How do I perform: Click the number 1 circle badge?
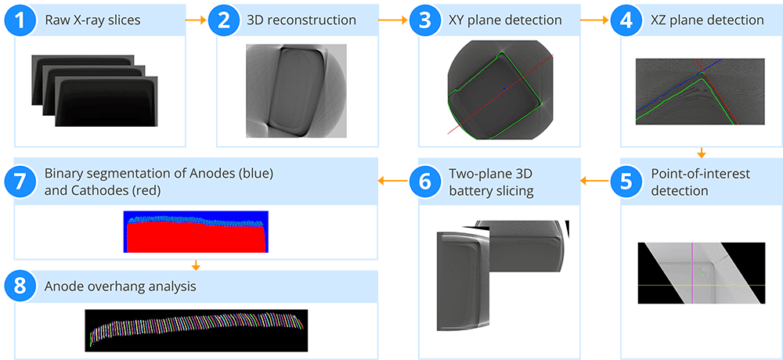[x=20, y=20]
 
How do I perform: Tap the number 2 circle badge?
[x=223, y=20]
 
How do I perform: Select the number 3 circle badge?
[x=425, y=20]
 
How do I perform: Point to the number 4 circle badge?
[x=627, y=20]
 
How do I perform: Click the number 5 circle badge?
[x=627, y=182]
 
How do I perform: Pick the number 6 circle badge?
[x=425, y=182]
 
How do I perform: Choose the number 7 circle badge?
[x=20, y=182]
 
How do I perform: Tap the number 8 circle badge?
[x=20, y=286]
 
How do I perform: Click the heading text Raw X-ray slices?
[x=92, y=20]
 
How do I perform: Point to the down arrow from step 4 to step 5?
[x=701, y=153]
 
